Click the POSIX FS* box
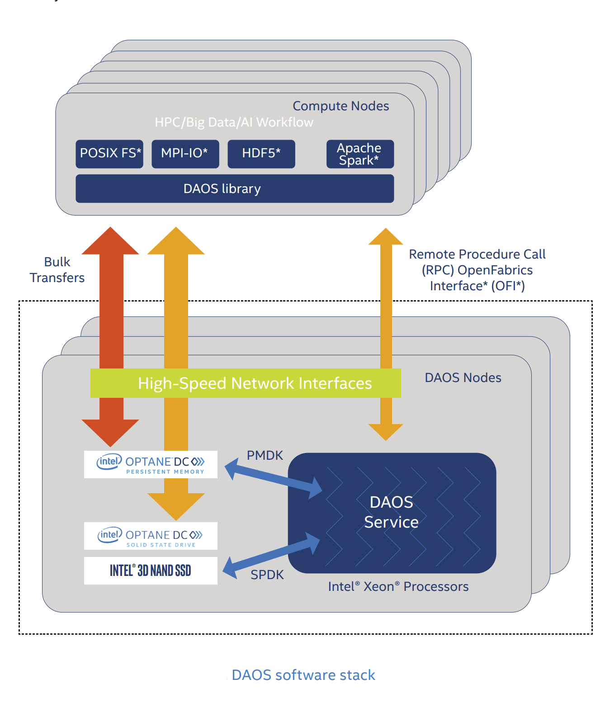click(x=109, y=154)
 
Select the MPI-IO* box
click(x=185, y=154)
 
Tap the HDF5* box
click(x=261, y=154)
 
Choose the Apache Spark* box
click(x=360, y=154)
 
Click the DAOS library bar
click(x=234, y=189)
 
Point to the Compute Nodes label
click(x=340, y=106)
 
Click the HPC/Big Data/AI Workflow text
click(x=234, y=122)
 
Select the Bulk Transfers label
click(x=57, y=270)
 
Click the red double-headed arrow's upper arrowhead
click(x=110, y=241)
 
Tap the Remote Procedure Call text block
click(x=477, y=270)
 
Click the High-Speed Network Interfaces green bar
click(x=246, y=383)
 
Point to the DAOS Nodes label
click(x=463, y=377)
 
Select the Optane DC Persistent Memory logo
click(x=151, y=464)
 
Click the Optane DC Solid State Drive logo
click(x=151, y=536)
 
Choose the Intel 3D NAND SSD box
click(x=151, y=571)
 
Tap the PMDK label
click(x=265, y=455)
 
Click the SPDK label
click(x=267, y=575)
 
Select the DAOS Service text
click(x=391, y=512)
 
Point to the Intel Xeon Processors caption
click(x=398, y=586)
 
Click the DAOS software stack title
click(x=303, y=675)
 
